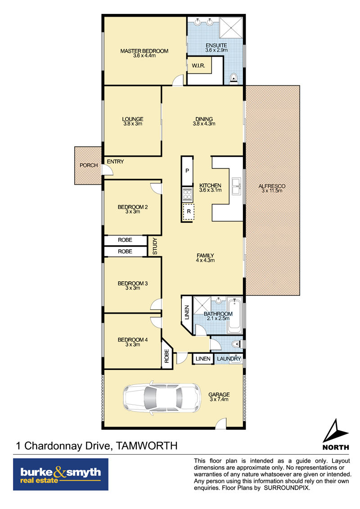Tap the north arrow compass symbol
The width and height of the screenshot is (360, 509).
pos(335,431)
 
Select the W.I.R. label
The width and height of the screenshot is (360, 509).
pos(198,66)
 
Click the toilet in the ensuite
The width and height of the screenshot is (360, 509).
pos(234,78)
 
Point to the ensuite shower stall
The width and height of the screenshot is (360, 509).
pos(231,27)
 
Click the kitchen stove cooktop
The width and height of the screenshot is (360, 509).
pos(188,194)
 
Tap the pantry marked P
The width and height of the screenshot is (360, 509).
pos(187,171)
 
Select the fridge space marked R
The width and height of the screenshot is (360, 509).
pos(188,212)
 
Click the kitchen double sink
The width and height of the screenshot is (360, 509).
pos(237,186)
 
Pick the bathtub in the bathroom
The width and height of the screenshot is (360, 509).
pos(234,315)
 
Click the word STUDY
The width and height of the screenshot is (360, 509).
pos(155,246)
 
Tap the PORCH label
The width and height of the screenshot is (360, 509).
pos(89,165)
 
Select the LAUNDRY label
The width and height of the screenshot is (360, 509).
pos(229,359)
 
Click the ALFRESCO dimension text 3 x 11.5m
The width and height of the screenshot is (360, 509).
pos(272,190)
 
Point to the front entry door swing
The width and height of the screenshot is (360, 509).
pos(108,170)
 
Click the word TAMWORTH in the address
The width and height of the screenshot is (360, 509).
pos(147,446)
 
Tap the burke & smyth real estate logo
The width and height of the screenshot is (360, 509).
pos(61,474)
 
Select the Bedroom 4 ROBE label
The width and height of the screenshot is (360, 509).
pos(166,356)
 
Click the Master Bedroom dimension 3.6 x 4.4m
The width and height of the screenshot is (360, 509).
pos(144,55)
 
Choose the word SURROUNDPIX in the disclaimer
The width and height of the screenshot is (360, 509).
pos(287,488)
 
